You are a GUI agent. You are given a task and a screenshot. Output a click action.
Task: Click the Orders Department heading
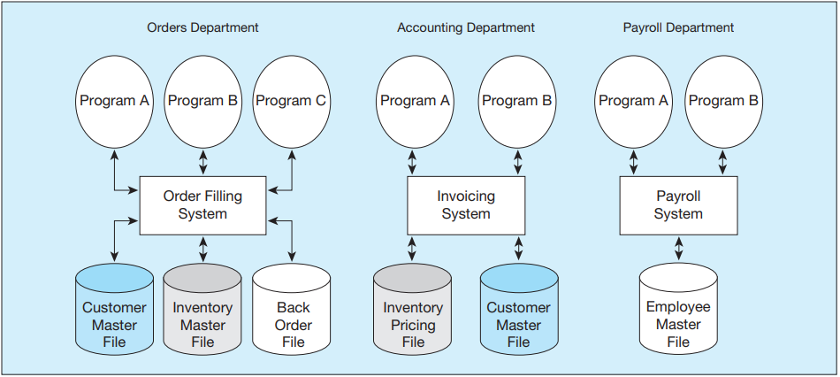tap(202, 28)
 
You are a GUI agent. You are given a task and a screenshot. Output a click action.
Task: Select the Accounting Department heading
tap(465, 28)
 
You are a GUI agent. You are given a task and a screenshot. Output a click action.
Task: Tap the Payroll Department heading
tap(678, 28)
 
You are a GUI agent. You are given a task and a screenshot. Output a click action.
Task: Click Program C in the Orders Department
tap(292, 102)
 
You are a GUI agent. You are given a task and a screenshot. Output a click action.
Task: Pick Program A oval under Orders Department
tap(115, 102)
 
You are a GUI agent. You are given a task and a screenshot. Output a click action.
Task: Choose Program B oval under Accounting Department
tap(517, 102)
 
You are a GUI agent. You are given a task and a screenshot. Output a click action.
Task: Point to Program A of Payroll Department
tap(634, 102)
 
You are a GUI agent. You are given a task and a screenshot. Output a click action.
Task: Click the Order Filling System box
tap(202, 205)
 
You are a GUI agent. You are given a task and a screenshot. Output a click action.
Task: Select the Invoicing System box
tap(466, 205)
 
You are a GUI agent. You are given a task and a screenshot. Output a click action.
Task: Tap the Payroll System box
tap(678, 205)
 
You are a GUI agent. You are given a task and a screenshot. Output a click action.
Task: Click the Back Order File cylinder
tap(292, 309)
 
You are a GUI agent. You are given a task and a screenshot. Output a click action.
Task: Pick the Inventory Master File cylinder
tap(202, 309)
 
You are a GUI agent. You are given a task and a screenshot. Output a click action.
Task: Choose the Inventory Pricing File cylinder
tap(413, 309)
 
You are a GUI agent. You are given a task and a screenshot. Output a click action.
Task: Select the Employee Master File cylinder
tap(678, 309)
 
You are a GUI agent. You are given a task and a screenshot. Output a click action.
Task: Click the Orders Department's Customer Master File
tap(115, 309)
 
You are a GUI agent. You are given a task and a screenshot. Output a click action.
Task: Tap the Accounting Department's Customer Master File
tap(519, 309)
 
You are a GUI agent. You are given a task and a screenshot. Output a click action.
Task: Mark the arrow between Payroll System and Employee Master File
tap(678, 249)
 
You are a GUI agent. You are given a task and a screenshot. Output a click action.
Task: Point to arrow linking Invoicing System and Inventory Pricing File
tap(412, 249)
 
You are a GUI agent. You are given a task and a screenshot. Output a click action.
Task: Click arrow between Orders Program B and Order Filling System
tap(202, 162)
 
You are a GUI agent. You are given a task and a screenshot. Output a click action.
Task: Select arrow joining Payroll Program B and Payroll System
tap(722, 162)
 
